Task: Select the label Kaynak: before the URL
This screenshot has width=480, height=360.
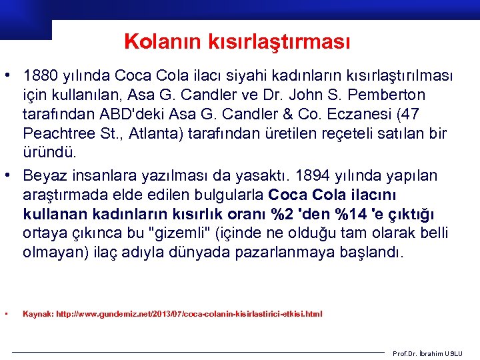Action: tap(38, 313)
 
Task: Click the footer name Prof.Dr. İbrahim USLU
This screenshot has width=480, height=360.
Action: tap(435, 353)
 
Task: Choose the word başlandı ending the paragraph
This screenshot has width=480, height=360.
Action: tap(373, 253)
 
